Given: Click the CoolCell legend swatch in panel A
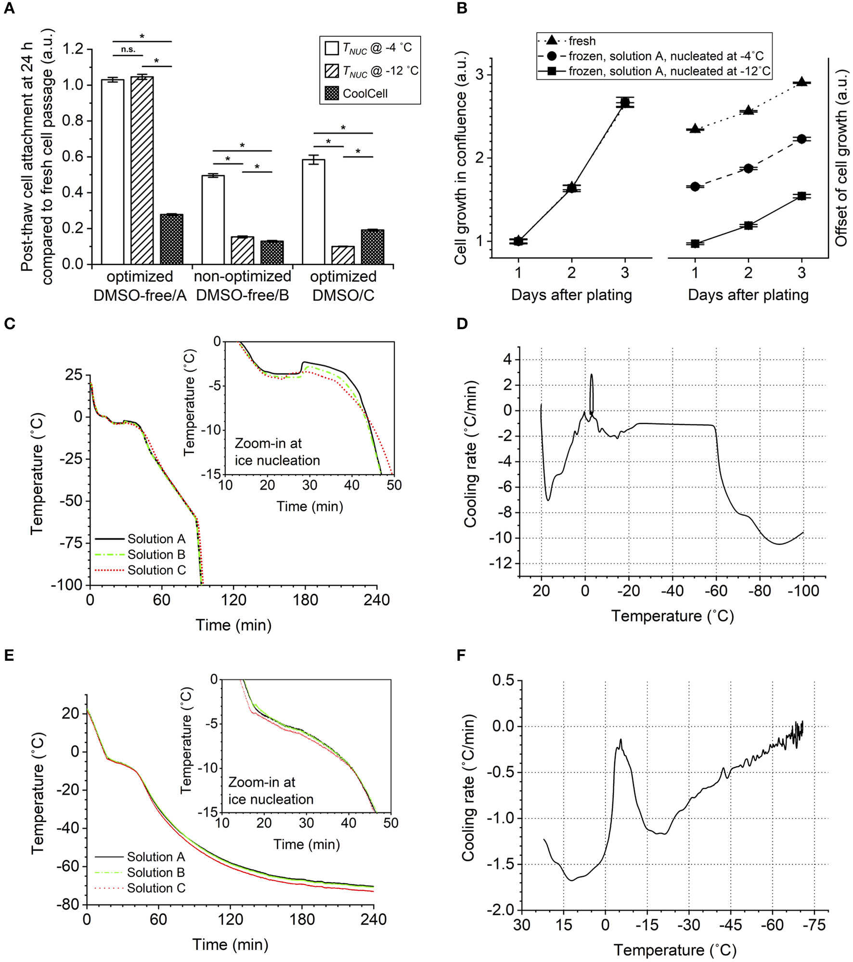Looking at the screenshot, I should click(332, 93).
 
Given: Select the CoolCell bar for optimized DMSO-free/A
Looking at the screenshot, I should click(171, 239).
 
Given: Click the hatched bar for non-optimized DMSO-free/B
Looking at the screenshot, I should click(242, 250).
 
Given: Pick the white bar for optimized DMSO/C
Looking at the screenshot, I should click(313, 212).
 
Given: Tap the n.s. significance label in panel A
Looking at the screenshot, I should click(128, 49).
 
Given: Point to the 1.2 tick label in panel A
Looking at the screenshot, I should click(73, 49).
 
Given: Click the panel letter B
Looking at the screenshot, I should click(462, 9).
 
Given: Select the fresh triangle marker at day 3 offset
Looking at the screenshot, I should click(801, 82).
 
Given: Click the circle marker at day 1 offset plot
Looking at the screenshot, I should click(695, 187).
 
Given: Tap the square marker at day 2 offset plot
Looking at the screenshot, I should click(748, 225).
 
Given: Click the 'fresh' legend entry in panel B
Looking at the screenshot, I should click(582, 41).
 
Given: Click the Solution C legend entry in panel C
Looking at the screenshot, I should click(156, 570).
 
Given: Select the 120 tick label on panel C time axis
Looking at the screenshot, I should click(233, 600).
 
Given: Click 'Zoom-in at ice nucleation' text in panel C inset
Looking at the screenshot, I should click(277, 452).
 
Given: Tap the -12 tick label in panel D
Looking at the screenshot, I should click(501, 563).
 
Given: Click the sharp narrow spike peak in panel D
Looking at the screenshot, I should click(592, 376).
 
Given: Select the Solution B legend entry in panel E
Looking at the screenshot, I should click(156, 872).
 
